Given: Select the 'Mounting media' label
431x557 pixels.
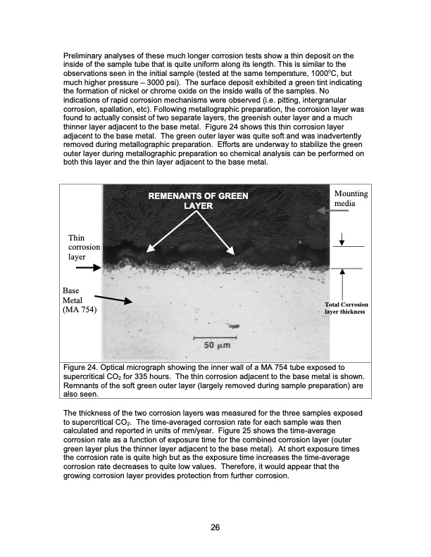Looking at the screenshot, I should click(x=350, y=198).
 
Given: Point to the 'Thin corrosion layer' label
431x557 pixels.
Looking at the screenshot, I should click(x=83, y=248).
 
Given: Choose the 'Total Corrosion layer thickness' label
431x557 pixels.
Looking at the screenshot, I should click(x=345, y=308).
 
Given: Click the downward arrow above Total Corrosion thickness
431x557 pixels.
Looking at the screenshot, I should click(x=342, y=240).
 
